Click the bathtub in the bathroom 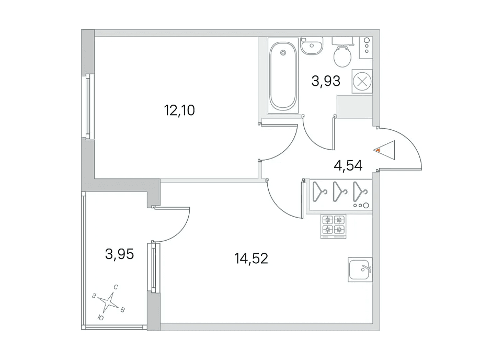pos(283,76)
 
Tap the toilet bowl pos(342,56)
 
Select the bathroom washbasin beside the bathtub pos(312,46)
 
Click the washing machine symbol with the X pos(362,81)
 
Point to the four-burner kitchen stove pos(333,227)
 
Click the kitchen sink pos(360,270)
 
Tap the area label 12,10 pos(179,110)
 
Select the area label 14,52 pos(251,258)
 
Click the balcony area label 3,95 pos(119,254)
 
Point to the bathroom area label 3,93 pos(326,81)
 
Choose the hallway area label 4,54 pos(348,166)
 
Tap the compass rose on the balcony pos(109,302)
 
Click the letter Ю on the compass pos(100,318)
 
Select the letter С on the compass pos(116,287)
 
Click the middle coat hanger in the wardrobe pos(340,192)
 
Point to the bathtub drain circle pos(283,53)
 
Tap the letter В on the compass pos(122,310)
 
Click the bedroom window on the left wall pos(88,106)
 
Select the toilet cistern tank pos(342,41)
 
